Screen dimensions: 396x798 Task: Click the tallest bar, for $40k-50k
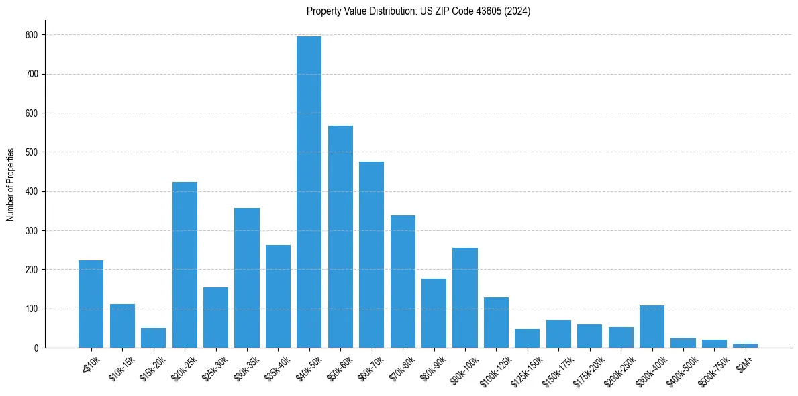(x=309, y=192)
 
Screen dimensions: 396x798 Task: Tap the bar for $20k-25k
(x=185, y=264)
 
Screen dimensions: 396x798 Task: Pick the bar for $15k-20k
(x=153, y=338)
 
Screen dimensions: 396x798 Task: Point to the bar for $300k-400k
(x=652, y=327)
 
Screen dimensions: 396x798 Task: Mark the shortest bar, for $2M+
(x=745, y=346)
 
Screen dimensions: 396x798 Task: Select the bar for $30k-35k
(x=247, y=278)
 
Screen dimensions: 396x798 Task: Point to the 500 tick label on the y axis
(x=32, y=152)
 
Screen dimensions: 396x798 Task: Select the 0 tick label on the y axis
(x=36, y=348)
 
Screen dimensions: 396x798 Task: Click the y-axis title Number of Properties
(x=10, y=184)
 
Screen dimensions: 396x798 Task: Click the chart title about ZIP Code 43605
(x=418, y=11)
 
